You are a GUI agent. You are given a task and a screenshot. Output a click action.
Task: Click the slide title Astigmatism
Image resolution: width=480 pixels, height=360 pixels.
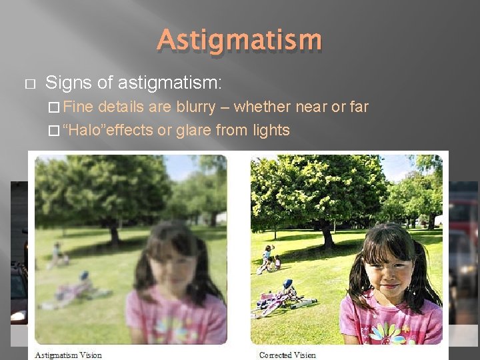pyautogui.click(x=239, y=40)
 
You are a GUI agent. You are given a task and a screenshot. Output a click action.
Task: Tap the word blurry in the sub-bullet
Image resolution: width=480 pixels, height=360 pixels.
pyautogui.click(x=195, y=107)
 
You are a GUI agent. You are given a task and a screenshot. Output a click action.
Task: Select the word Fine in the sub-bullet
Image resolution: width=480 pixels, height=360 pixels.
pyautogui.click(x=80, y=107)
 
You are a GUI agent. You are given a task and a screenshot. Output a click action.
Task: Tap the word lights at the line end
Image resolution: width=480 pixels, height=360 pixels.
pyautogui.click(x=271, y=129)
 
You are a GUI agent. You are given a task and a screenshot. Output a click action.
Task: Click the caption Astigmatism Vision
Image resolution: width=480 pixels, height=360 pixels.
pyautogui.click(x=68, y=355)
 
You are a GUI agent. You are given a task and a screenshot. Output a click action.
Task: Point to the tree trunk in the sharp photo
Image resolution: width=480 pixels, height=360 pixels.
pyautogui.click(x=327, y=233)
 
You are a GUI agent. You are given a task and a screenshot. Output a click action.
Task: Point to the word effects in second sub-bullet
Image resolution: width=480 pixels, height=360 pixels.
pyautogui.click(x=131, y=129)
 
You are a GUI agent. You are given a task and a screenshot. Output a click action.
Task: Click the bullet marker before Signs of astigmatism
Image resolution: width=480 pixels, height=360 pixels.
pyautogui.click(x=28, y=84)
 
